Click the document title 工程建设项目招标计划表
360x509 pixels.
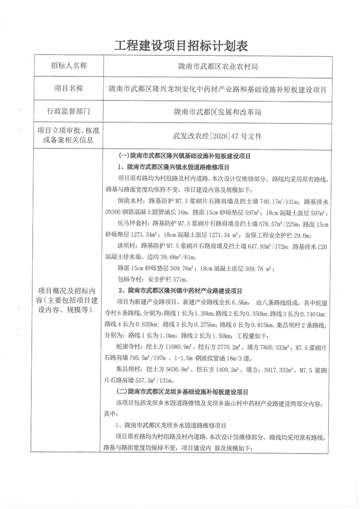180,45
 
